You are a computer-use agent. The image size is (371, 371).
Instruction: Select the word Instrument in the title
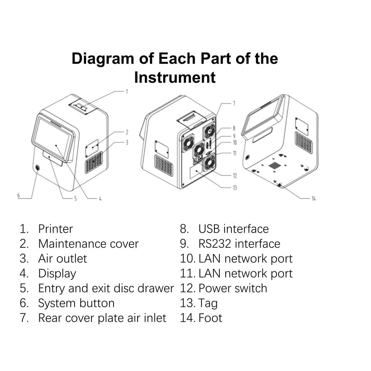click(x=175, y=77)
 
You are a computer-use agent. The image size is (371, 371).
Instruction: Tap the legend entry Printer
click(x=55, y=229)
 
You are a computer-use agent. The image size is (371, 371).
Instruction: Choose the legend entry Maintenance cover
click(x=88, y=244)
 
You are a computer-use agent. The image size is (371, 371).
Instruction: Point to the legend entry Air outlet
click(x=63, y=259)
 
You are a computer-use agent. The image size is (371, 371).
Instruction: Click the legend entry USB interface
click(x=233, y=229)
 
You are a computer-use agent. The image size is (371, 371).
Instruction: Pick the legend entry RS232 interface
click(x=239, y=244)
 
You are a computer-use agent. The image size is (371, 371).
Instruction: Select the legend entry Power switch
click(x=233, y=288)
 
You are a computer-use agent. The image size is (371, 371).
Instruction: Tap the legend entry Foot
click(x=210, y=318)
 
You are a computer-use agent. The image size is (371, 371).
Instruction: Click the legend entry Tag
click(x=208, y=303)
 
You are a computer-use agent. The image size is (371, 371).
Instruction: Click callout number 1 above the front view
click(x=126, y=92)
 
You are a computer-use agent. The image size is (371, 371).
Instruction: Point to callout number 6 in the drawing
click(x=18, y=195)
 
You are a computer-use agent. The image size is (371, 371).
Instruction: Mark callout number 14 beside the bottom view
click(x=313, y=199)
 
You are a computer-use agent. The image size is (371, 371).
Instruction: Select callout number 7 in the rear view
click(x=234, y=103)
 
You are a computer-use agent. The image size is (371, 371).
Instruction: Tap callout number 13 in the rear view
click(x=235, y=188)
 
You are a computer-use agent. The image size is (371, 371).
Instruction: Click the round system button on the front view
click(x=37, y=168)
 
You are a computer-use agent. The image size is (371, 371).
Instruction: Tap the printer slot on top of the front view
click(x=81, y=107)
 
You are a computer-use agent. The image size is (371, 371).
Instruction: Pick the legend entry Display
click(x=57, y=274)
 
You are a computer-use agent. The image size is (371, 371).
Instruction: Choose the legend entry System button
click(x=76, y=303)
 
